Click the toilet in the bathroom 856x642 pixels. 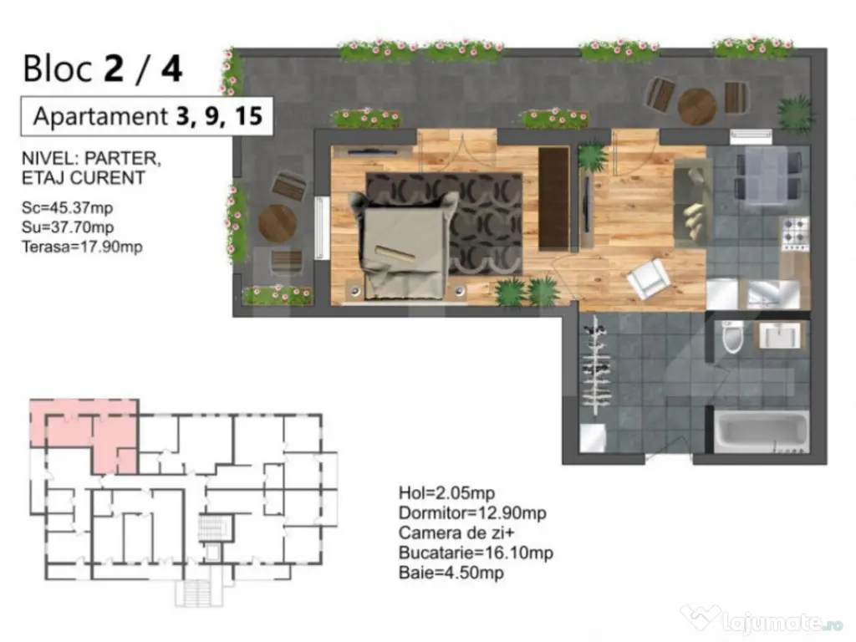tap(731, 338)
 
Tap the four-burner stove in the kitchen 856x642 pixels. tap(795, 234)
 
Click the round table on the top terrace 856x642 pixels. tap(696, 106)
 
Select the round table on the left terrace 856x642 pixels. tap(278, 223)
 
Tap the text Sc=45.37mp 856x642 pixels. tap(68, 207)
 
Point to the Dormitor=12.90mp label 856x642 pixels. tap(473, 513)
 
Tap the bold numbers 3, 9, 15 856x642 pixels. tap(219, 116)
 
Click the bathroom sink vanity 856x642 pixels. tap(779, 335)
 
